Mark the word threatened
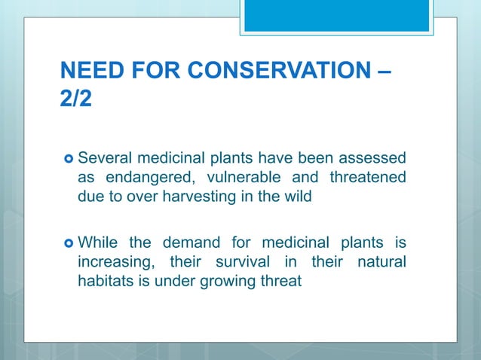click(366, 178)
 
